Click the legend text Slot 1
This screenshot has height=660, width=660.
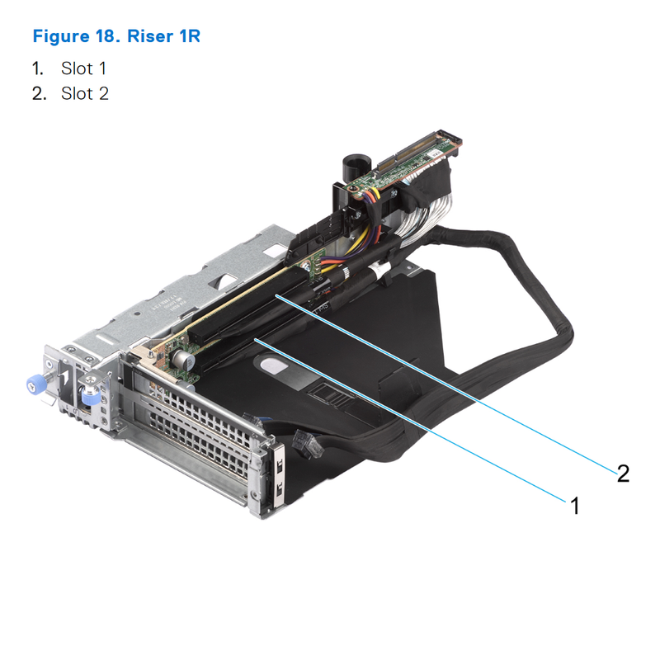coord(84,68)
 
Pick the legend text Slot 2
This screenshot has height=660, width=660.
coord(84,93)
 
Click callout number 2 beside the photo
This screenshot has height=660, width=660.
coord(623,473)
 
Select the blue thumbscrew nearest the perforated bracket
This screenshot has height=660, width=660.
coord(88,398)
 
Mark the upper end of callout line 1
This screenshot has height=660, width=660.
coord(255,338)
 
